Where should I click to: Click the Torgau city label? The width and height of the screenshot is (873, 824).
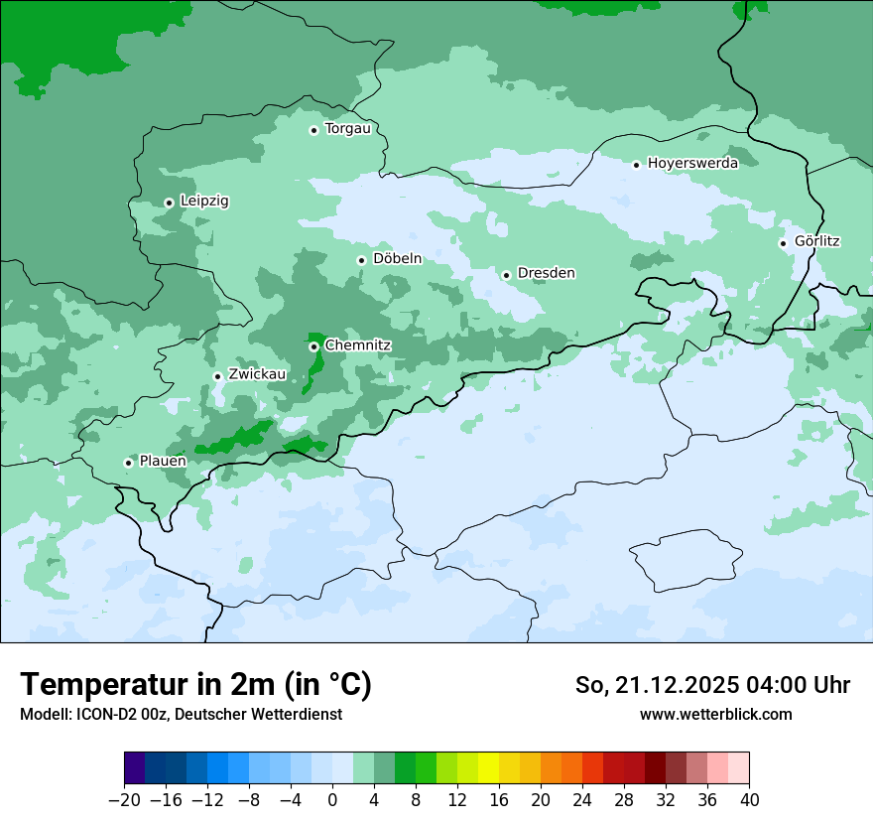point(347,129)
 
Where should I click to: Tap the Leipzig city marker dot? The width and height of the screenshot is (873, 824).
point(169,203)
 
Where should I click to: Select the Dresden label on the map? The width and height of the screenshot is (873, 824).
point(546,273)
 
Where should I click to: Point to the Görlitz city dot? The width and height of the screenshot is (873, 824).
point(783,243)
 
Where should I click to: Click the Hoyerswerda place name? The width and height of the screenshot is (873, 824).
point(692,164)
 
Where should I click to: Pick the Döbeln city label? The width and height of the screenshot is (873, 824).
point(397,259)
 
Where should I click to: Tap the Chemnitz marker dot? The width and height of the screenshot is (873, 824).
point(313,346)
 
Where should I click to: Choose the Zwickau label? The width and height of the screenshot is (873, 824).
point(257,375)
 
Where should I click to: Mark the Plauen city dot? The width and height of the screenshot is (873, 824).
point(128,463)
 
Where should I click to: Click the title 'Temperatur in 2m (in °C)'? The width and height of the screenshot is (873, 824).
point(196,685)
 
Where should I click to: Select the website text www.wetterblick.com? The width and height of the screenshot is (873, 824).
point(715,714)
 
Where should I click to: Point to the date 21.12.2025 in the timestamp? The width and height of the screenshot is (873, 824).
point(674,685)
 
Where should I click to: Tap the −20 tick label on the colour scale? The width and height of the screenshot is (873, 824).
point(124,800)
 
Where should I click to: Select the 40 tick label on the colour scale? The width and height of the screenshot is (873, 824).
point(749,800)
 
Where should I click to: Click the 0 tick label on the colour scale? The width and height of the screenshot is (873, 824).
point(332,800)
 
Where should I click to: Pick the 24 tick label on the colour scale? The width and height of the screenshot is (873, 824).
point(582,800)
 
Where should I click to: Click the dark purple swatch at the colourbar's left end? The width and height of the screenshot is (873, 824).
point(135,768)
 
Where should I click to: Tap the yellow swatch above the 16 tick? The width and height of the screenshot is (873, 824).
point(489,768)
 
